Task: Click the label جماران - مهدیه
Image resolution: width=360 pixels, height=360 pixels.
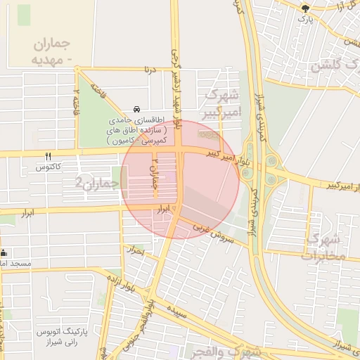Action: pyautogui.click(x=52, y=51)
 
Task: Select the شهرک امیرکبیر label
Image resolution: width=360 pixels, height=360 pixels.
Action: pyautogui.click(x=224, y=103)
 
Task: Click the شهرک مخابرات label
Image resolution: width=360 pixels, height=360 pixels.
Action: pyautogui.click(x=323, y=247)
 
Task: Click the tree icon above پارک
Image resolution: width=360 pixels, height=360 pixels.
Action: pyautogui.click(x=304, y=8)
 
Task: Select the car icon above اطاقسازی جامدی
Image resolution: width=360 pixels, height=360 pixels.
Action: pyautogui.click(x=136, y=110)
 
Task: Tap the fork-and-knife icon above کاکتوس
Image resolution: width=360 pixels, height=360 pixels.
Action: pyautogui.click(x=48, y=157)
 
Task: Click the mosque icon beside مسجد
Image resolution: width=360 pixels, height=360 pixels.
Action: pyautogui.click(x=4, y=253)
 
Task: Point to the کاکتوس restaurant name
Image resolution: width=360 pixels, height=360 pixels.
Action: pyautogui.click(x=50, y=168)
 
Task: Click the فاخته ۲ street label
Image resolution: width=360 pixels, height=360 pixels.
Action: pyautogui.click(x=75, y=103)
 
